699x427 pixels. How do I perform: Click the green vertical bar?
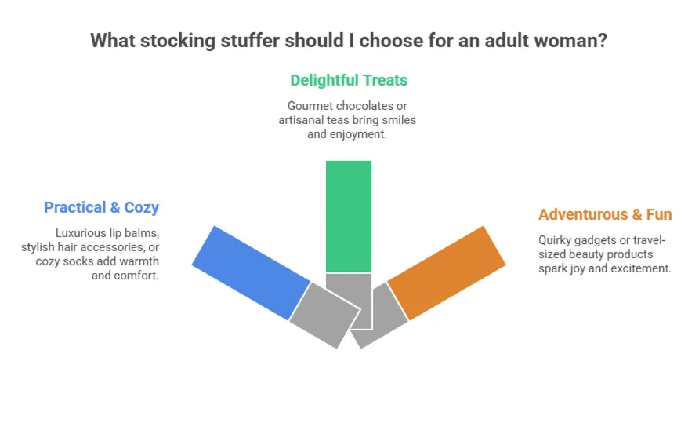point(349,216)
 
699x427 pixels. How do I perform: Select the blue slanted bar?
point(251,273)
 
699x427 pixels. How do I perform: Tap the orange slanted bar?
point(446,273)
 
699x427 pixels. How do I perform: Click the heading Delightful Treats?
point(349,80)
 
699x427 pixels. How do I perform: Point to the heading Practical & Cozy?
point(101,207)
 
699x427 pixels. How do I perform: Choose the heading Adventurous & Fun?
point(605,214)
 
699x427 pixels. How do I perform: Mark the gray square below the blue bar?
point(324,315)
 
